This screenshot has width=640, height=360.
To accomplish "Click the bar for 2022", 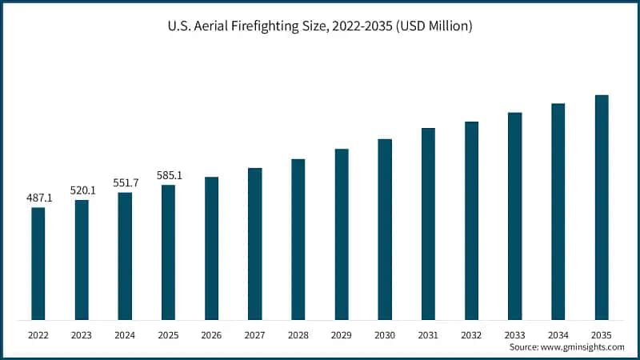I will point(38,264).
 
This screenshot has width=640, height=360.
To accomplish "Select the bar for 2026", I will point(211,249).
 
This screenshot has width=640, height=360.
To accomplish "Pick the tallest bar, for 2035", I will point(602,208).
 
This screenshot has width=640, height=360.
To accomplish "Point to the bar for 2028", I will point(298,240).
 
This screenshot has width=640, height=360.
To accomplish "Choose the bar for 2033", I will point(515,217).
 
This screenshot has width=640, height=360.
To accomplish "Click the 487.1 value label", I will point(38,198).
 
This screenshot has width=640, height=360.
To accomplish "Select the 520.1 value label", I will point(82,190).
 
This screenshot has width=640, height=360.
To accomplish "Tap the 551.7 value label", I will point(126,183).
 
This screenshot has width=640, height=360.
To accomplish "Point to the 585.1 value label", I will point(169,175).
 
